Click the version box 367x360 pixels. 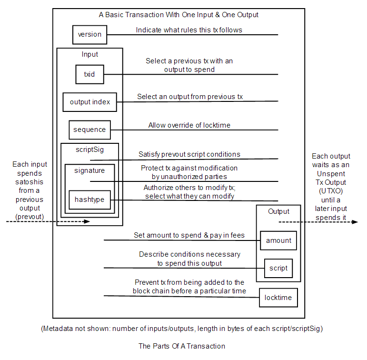89,35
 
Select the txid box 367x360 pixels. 89,74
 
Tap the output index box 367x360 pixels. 89,102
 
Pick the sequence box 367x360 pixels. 89,130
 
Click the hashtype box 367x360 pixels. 89,200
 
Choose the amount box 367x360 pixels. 278,240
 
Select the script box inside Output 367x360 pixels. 278,268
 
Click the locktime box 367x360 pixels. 278,298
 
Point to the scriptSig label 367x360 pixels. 89,150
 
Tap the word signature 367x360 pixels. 89,170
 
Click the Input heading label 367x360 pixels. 89,54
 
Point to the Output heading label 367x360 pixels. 278,211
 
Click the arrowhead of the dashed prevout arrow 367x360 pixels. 87,221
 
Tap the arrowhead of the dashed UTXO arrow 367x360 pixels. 355,222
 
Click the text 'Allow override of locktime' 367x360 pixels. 189,125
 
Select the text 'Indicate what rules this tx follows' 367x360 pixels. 189,30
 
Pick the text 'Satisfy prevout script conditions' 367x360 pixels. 189,154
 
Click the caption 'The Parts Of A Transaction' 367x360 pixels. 182,346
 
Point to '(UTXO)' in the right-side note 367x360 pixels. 331,191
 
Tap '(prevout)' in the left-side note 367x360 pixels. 30,217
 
